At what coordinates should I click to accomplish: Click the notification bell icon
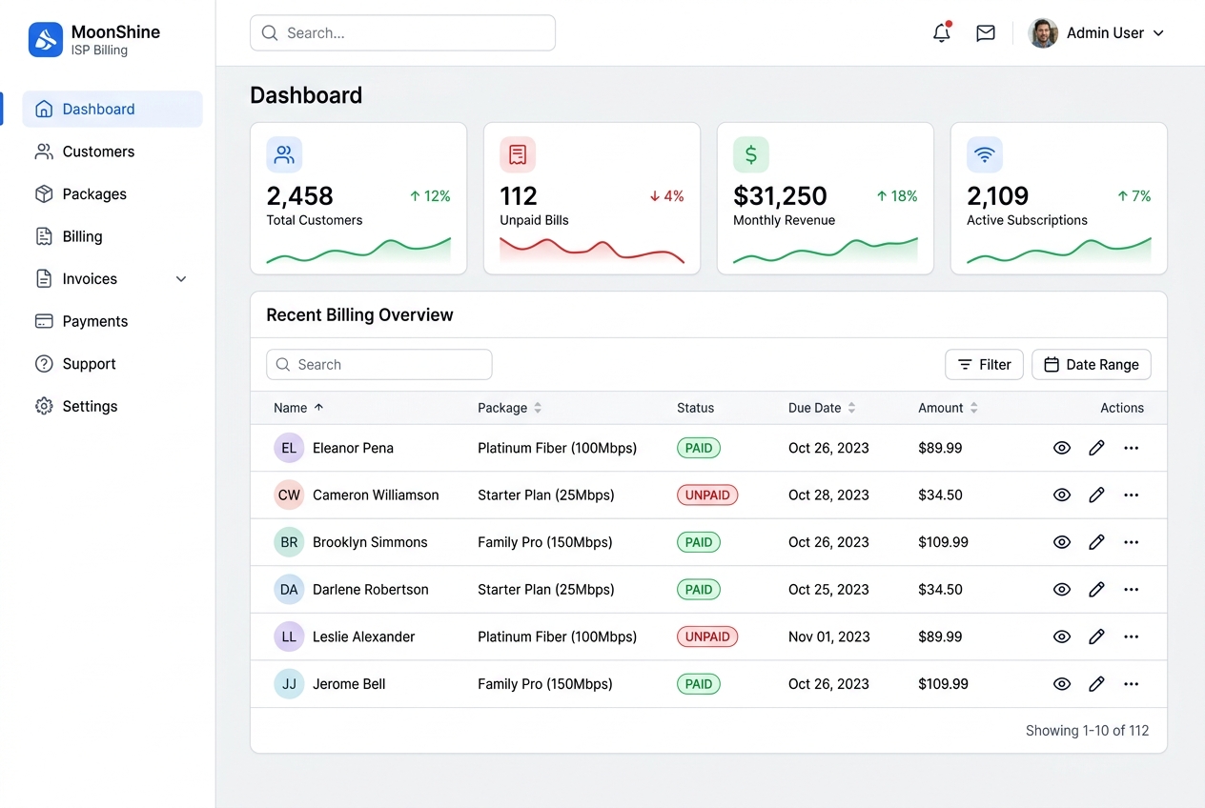(942, 32)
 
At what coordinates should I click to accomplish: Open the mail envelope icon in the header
(986, 32)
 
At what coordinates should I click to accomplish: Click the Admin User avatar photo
(1043, 32)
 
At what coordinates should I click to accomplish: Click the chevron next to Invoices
(181, 279)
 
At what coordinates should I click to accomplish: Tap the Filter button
(984, 365)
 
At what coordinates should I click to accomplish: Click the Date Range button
(1091, 365)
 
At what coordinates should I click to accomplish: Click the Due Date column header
(814, 408)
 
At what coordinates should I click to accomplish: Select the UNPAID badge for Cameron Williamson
(706, 495)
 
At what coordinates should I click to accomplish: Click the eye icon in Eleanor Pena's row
(1061, 448)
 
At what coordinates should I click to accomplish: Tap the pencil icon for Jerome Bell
(1096, 684)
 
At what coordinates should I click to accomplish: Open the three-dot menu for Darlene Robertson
(1131, 590)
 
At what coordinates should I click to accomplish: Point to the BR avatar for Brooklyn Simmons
(289, 542)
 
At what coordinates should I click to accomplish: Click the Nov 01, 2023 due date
(829, 637)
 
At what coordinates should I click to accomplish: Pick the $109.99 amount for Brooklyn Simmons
(943, 542)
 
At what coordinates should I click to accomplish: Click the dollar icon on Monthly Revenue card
(751, 154)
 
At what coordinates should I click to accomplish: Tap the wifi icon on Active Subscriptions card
(985, 154)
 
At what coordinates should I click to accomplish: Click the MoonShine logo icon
(46, 39)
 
